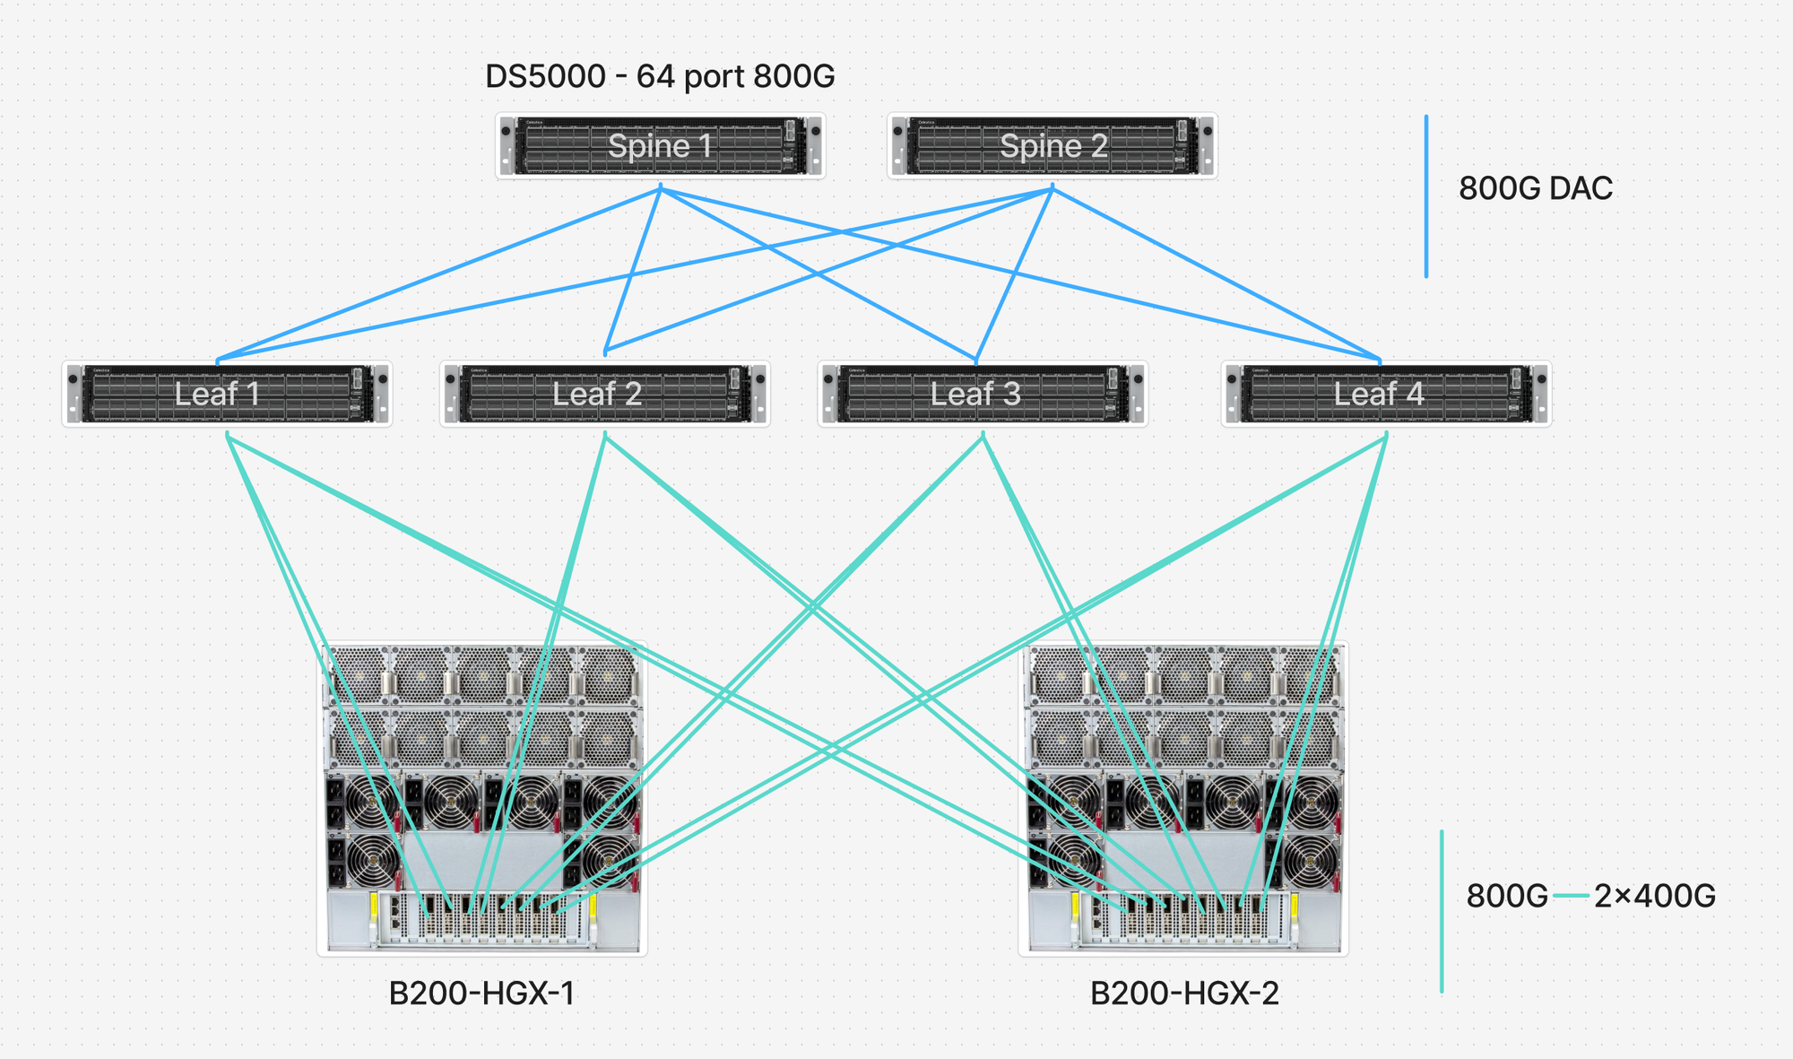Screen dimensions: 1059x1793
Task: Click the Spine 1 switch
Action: coord(661,145)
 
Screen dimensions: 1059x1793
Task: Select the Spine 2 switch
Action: coord(1052,145)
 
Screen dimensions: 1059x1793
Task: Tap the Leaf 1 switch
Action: coord(227,394)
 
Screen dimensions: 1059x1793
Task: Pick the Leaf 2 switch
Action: coord(605,394)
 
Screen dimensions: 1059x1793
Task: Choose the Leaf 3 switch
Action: coord(983,394)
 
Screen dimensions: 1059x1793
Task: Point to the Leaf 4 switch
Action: coord(1386,394)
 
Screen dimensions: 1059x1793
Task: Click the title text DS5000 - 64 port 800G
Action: coord(660,77)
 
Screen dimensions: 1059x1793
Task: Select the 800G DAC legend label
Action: coord(1535,188)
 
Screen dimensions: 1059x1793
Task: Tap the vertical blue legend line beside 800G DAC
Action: coord(1426,195)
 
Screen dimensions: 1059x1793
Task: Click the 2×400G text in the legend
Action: coord(1654,896)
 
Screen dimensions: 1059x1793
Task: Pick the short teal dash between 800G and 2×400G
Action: coord(1571,896)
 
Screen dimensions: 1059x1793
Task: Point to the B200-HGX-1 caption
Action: coord(481,994)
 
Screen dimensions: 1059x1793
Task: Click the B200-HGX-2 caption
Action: coord(1184,994)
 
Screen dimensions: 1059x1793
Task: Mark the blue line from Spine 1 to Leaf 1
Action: coord(439,274)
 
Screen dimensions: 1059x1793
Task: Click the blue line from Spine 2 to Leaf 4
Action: coord(1216,273)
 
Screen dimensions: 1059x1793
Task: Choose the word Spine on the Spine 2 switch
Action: coord(1030,145)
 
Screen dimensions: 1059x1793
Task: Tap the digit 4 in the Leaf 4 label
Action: coord(1415,394)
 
